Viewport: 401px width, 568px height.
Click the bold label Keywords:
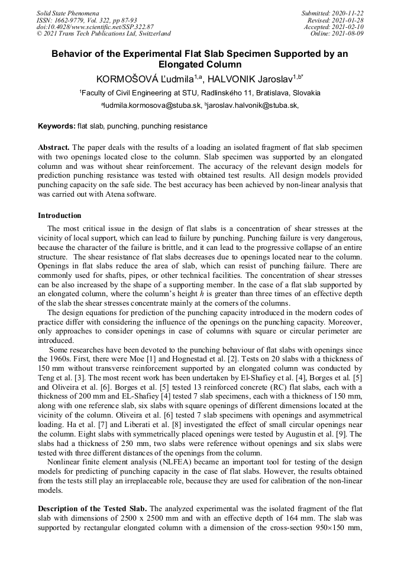click(57, 126)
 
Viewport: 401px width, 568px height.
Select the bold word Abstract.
click(54, 146)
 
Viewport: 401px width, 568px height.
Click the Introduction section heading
click(60, 216)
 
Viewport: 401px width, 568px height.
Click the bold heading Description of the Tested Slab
click(92, 509)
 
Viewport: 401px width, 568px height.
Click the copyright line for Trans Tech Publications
click(104, 34)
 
